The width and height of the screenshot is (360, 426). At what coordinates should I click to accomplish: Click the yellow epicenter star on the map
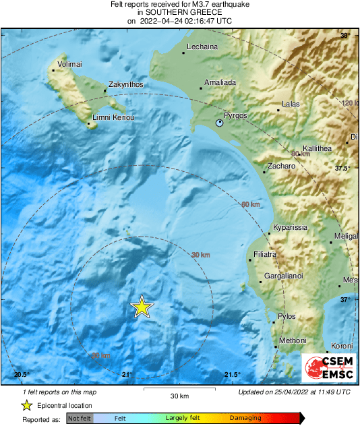tap(142, 307)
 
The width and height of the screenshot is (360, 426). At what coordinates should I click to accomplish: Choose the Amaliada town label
tap(218, 82)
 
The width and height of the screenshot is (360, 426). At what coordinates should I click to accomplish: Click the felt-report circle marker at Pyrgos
tap(219, 124)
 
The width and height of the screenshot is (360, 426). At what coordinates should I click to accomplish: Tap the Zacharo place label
tap(282, 165)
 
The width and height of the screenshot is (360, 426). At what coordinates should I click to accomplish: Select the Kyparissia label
tap(291, 227)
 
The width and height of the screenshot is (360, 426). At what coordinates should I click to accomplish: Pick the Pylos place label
tap(287, 316)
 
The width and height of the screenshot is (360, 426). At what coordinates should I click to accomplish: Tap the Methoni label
tap(293, 340)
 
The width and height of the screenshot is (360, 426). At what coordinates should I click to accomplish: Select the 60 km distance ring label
tap(250, 204)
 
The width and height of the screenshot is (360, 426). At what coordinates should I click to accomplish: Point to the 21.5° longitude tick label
tap(232, 375)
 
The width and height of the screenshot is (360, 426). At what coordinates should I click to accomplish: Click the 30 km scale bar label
tap(179, 395)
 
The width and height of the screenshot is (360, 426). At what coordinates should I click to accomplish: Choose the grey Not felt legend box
tap(80, 418)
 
